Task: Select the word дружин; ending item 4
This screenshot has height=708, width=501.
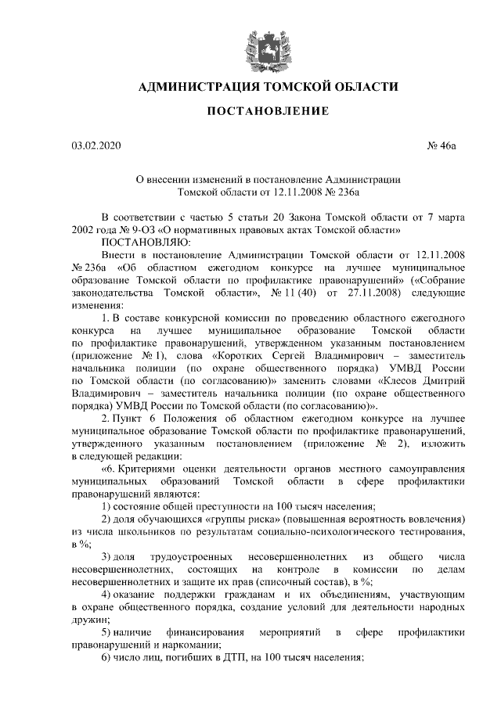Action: click(88, 618)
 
